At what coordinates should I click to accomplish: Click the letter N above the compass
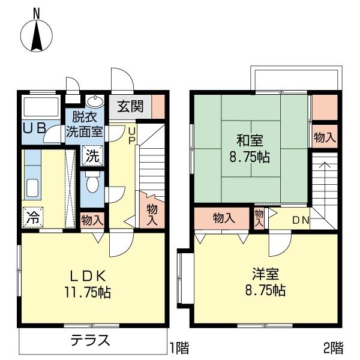36,13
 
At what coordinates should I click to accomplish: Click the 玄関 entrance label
130,107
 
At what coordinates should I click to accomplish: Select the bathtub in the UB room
41,107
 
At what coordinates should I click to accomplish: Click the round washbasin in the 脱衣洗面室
95,101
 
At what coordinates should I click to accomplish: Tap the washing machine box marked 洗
92,155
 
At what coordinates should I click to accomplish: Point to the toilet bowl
92,182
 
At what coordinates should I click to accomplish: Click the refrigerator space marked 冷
33,217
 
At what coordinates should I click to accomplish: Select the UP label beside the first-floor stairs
132,136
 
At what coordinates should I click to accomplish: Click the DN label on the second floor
301,220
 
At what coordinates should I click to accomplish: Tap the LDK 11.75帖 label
88,284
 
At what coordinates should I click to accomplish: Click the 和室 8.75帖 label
250,149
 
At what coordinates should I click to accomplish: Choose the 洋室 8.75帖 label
265,281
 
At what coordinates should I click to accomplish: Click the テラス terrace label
90,340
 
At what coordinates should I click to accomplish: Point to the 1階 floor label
179,348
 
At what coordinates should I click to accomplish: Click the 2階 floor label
334,347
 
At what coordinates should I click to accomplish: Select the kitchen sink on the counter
32,188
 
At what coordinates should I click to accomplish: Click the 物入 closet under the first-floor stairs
152,214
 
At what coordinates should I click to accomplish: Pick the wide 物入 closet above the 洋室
222,218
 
